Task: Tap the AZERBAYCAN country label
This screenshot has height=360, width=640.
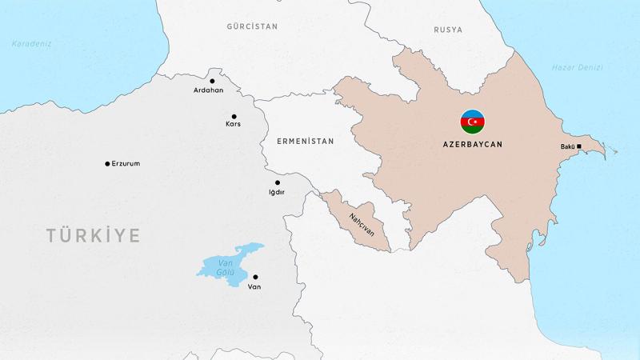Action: coord(471,146)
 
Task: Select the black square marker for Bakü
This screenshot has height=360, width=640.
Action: coord(578,146)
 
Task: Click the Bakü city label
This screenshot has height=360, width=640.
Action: coord(567,146)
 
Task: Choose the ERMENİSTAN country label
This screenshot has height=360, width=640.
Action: coord(304,141)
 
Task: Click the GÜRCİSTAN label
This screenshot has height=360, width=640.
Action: coord(252,26)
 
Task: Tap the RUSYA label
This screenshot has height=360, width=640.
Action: coord(448,30)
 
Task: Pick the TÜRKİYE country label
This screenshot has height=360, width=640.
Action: coord(93,235)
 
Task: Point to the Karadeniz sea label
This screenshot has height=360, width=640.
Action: coord(31,44)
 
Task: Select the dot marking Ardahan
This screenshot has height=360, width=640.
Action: coord(212,81)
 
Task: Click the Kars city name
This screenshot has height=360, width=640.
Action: coord(233,124)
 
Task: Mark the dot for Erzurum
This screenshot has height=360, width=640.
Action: coord(107,164)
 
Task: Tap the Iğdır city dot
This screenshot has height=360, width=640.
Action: coord(278,182)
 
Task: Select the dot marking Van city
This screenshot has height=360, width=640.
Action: coord(255,277)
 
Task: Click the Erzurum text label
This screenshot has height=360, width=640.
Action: coord(126,164)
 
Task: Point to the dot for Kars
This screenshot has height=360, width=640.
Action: coord(234,116)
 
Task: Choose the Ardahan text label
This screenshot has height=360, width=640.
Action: coord(208,90)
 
